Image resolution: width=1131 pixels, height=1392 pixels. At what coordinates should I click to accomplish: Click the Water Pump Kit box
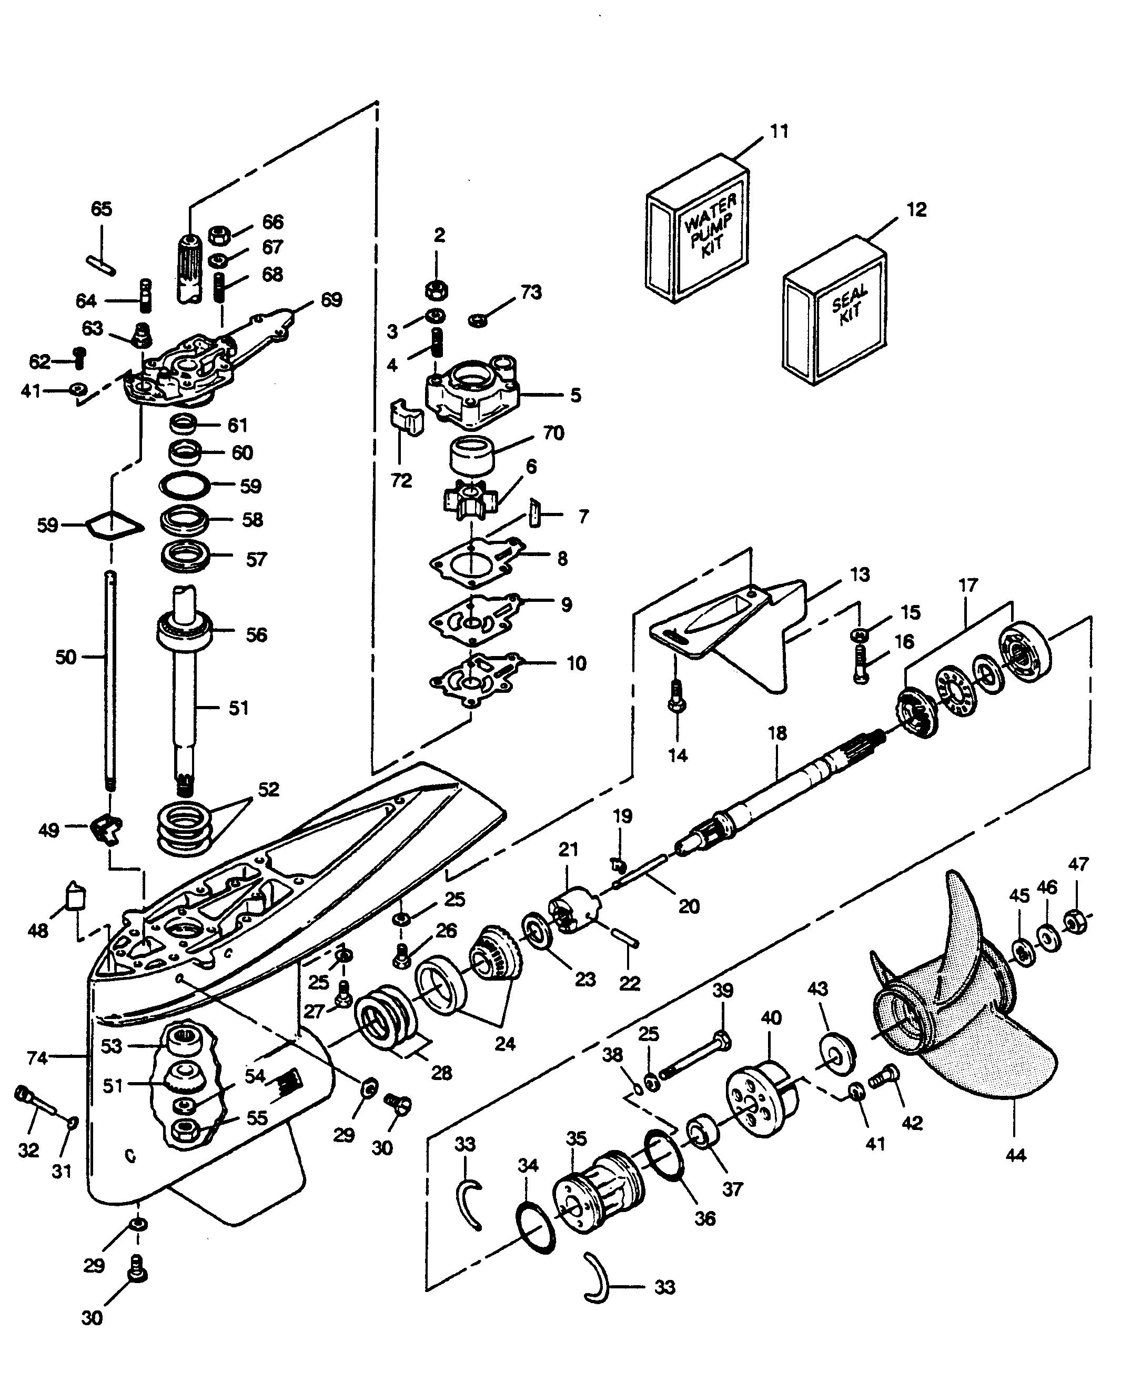tap(698, 229)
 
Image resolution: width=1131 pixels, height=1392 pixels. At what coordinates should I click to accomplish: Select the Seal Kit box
tap(834, 311)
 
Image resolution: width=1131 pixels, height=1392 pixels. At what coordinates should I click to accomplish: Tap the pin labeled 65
tap(101, 261)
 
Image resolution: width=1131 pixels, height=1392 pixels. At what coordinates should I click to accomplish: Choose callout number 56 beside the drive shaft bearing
tap(257, 634)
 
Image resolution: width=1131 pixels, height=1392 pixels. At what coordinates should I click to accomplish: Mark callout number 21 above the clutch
tap(568, 850)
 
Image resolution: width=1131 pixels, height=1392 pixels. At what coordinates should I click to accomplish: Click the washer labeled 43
tap(836, 1053)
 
